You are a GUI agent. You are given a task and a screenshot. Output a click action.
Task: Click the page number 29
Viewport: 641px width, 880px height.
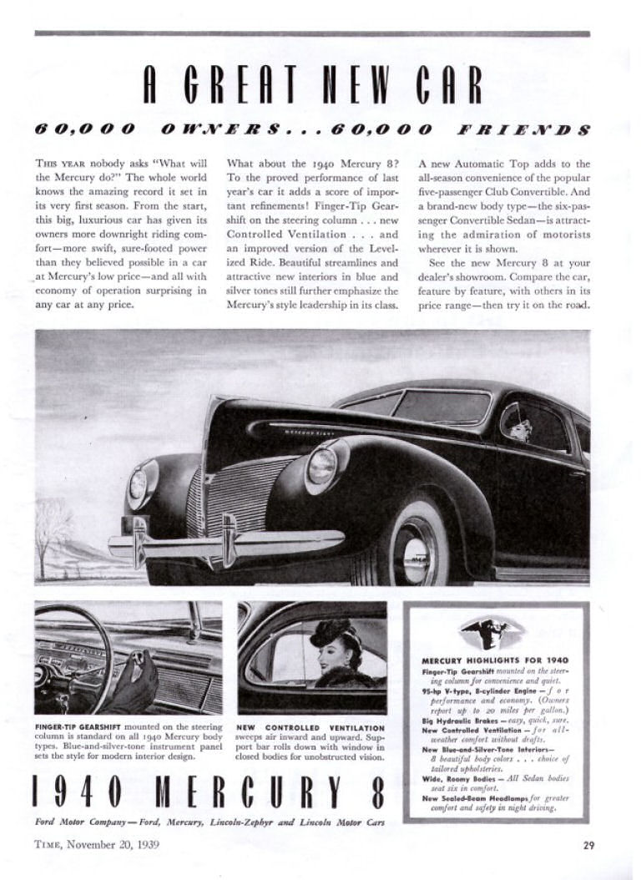pos(588,844)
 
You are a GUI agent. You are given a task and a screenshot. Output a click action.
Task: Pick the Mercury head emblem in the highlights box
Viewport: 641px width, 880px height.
pos(492,632)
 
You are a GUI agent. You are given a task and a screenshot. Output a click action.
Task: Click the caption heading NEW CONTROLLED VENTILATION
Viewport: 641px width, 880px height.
pos(310,727)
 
